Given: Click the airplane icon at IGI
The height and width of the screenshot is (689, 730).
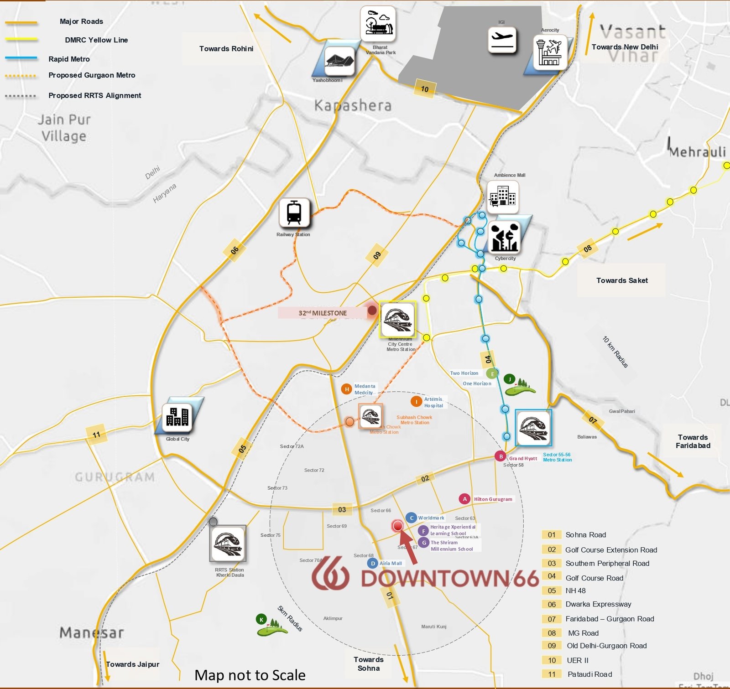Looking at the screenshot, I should coord(502,40).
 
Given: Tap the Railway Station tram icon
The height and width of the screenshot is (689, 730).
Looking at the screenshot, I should coord(294,212).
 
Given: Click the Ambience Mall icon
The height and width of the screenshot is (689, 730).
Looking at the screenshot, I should coord(502,197).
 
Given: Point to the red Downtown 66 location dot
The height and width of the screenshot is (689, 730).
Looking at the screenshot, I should coord(397,526).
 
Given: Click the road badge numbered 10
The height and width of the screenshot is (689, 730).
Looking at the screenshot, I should coord(425,89).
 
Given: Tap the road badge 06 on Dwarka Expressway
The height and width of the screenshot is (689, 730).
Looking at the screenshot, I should coord(235,250).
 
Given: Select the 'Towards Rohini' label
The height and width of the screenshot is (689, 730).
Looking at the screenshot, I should coord(226,49).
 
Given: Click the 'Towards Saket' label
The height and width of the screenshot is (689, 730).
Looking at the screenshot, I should coord(622,280).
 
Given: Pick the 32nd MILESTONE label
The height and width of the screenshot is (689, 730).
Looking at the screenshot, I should coord(323,313).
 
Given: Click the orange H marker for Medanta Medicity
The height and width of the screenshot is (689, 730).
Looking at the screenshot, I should coord(347,389).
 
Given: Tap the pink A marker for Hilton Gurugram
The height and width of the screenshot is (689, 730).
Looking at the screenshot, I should coord(464,499).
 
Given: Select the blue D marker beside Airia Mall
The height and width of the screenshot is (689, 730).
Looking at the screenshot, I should coord(373,563).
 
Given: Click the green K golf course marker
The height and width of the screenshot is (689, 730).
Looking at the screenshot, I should coord(261,619).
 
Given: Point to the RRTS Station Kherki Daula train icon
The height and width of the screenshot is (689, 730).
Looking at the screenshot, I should coord(228,544).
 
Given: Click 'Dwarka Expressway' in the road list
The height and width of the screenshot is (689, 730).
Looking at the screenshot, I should coord(598,604).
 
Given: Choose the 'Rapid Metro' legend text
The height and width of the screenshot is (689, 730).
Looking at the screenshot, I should coord(69,59).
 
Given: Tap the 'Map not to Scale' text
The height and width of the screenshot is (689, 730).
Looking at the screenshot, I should coord(250,675).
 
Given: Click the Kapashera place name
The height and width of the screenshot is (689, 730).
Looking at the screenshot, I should coord(353,106).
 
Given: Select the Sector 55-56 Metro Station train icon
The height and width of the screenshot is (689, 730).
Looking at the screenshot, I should coord(533,428).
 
